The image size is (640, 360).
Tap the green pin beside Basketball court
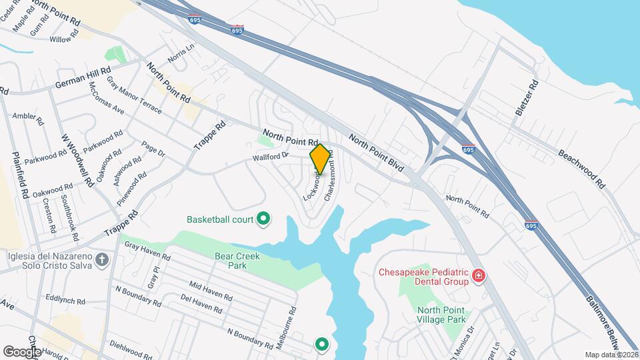pos(263,218)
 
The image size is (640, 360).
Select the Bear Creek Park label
pos(231,260)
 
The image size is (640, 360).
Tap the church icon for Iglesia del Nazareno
pos(101,259)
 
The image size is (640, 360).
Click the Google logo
pos(22,351)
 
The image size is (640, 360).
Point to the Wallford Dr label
pos(270,157)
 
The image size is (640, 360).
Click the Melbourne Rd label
pos(293,323)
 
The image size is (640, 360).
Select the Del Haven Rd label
pos(201,307)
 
